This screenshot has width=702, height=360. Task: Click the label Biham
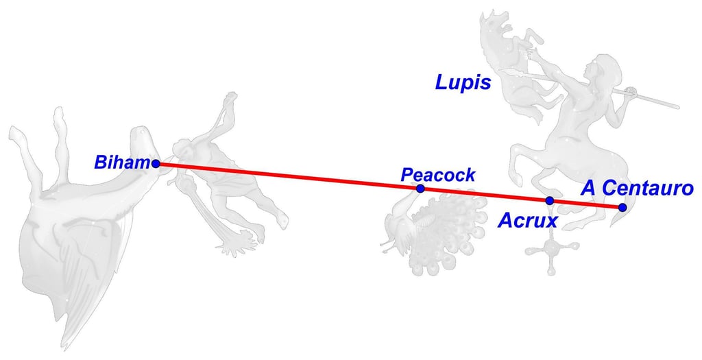122,163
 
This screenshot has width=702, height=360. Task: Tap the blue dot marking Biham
156,163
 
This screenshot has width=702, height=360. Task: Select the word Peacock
438,175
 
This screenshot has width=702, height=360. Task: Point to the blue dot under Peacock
420,189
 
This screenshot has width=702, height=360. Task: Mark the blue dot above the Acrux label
549,200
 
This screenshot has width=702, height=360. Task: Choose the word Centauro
647,188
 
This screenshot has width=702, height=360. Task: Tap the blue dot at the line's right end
622,207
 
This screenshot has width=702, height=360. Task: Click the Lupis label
463,83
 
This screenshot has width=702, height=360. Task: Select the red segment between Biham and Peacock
288,176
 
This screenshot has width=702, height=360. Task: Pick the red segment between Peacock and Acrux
485,194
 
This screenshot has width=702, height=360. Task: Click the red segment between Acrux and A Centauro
585,204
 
